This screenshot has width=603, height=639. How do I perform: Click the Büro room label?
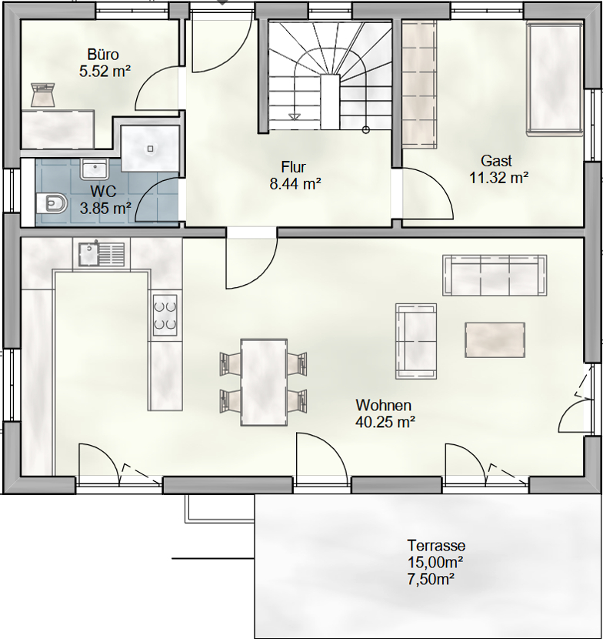click(x=103, y=54)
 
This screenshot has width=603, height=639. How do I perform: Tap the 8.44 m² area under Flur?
click(x=295, y=184)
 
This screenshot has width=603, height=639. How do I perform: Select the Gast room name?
click(x=496, y=161)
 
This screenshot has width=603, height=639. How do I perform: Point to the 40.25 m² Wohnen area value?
click(x=385, y=422)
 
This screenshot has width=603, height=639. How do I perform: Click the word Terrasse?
click(x=436, y=545)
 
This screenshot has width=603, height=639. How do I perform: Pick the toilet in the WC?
click(x=52, y=203)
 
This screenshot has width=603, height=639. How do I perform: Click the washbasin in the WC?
click(x=95, y=169)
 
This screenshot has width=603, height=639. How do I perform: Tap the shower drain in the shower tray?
click(x=150, y=149)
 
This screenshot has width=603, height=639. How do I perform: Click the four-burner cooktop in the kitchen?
click(x=165, y=316)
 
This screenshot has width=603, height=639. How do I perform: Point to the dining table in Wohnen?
click(x=264, y=383)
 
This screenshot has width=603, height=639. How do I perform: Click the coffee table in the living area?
click(x=495, y=340)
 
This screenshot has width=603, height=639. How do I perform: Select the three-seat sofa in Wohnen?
click(x=495, y=275)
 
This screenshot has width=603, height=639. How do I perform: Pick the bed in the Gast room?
click(x=555, y=79)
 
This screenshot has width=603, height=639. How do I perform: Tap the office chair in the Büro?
click(x=44, y=94)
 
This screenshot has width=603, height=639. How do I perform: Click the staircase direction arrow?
click(x=293, y=117)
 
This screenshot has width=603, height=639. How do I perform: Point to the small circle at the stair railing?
click(x=365, y=130)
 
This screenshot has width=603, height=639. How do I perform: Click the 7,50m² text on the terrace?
click(x=431, y=579)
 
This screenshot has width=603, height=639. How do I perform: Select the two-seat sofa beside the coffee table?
click(x=416, y=341)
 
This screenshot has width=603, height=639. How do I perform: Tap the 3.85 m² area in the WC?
click(x=105, y=209)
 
